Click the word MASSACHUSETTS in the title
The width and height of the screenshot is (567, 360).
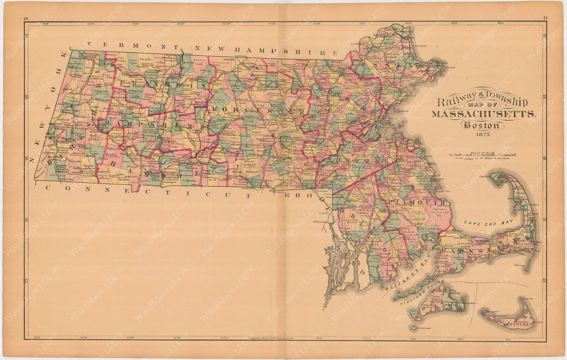(483, 114)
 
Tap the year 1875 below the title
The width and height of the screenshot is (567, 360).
(482, 134)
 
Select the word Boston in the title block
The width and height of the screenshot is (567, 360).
(482, 125)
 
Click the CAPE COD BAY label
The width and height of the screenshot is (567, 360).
(484, 223)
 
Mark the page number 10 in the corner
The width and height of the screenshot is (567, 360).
(26, 19)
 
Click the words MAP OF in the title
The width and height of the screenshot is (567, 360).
(482, 109)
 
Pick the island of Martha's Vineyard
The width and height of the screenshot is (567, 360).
(437, 303)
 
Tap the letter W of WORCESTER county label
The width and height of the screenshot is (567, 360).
(214, 108)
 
